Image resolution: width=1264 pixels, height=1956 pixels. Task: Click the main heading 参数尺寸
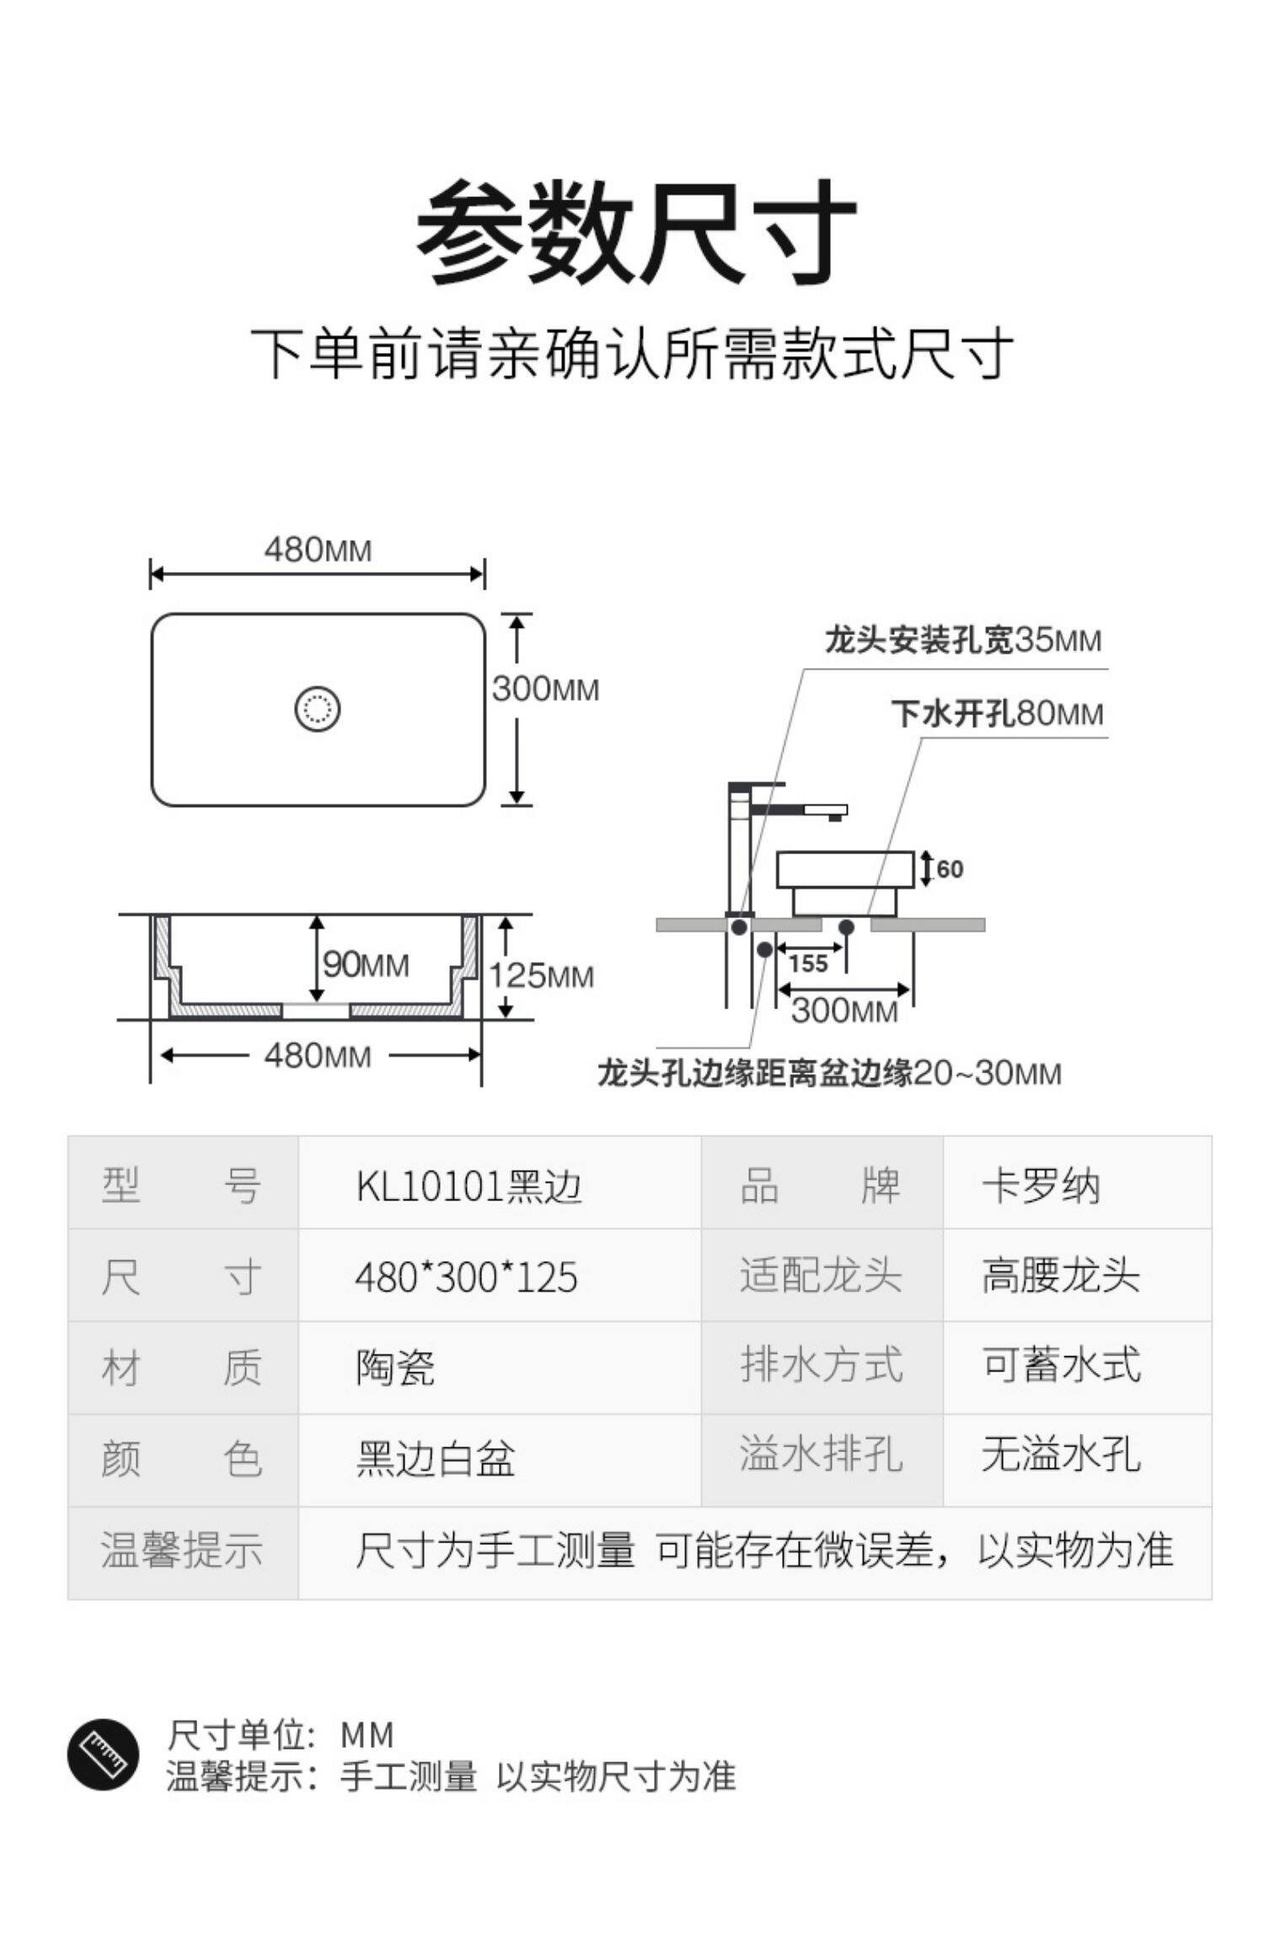635,231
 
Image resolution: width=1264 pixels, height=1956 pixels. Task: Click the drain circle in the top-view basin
318,708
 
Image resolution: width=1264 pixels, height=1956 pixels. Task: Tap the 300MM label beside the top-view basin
545,690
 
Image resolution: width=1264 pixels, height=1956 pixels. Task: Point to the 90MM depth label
366,965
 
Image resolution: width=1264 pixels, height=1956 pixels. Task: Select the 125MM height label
542,976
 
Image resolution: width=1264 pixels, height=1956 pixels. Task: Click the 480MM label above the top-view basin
318,550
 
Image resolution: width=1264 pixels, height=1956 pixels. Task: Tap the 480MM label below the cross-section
318,1055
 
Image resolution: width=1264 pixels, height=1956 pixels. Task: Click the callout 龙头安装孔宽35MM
962,641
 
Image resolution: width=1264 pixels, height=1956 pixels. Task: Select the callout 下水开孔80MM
997,714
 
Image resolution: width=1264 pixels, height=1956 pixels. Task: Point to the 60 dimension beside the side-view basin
949,868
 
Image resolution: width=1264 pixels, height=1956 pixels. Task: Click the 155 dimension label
808,964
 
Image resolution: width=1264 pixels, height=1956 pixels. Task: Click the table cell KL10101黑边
469,1187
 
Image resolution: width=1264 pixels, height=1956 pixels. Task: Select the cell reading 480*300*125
466,1278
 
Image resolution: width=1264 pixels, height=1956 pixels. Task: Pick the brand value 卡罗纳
1041,1187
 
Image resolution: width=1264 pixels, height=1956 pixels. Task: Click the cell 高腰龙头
1060,1276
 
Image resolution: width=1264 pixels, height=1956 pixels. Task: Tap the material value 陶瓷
394,1369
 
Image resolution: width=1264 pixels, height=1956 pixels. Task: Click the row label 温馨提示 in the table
181,1549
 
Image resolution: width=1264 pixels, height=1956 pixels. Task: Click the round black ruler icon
104,1755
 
